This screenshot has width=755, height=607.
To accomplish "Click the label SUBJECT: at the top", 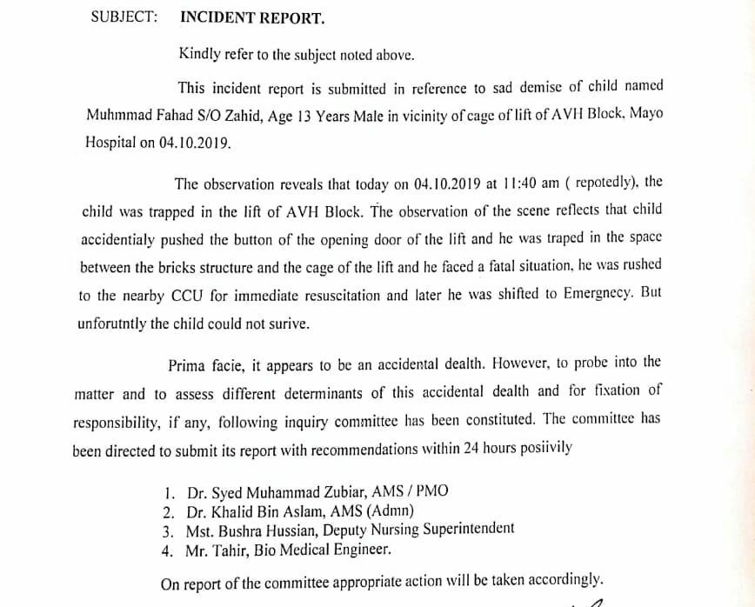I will (x=124, y=17).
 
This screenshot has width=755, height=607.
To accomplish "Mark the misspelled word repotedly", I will (x=596, y=183).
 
